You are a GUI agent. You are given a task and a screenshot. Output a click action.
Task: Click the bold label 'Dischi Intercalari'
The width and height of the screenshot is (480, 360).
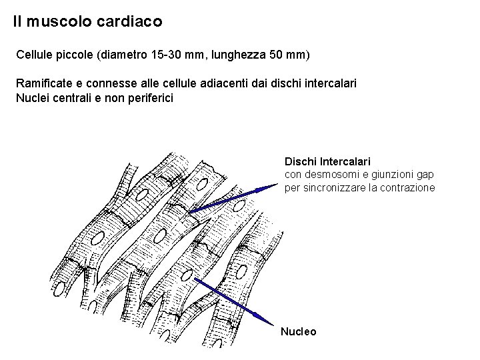tap(327, 162)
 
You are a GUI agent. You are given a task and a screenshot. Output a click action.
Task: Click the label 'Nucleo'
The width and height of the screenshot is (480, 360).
tap(299, 331)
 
